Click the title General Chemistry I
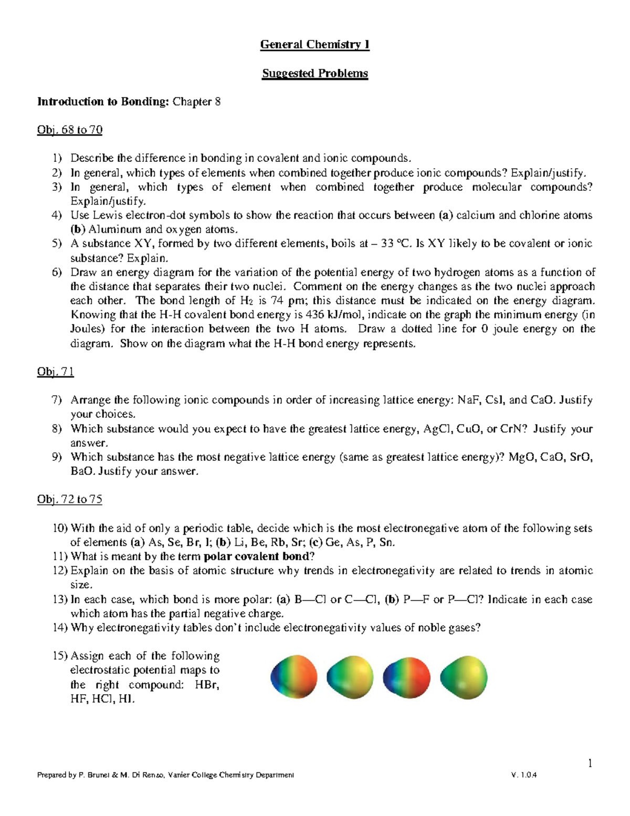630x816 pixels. [x=314, y=45]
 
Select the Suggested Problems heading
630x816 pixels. [x=314, y=73]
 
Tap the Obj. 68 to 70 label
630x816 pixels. [x=69, y=130]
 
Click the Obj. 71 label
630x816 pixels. [x=55, y=372]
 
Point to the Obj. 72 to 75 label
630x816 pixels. [x=69, y=500]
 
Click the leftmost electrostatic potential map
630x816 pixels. [x=294, y=678]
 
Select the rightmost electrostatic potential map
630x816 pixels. [x=464, y=678]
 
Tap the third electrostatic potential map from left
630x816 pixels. [x=407, y=678]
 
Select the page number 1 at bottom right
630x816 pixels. [x=590, y=763]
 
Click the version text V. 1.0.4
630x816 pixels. [x=523, y=775]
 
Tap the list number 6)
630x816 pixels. [x=57, y=272]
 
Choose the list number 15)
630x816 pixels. [x=60, y=656]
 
